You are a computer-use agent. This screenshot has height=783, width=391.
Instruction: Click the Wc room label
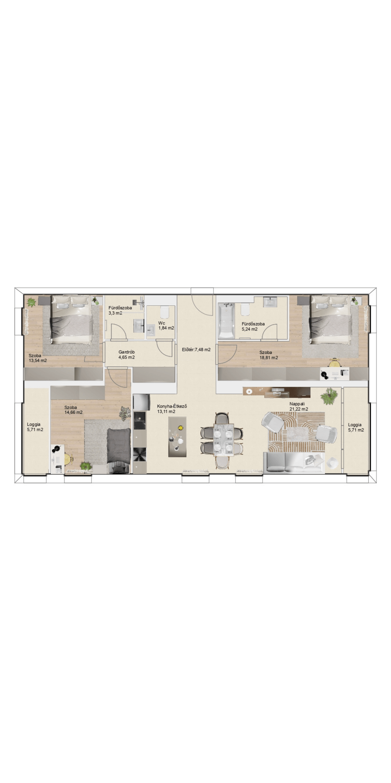(161, 323)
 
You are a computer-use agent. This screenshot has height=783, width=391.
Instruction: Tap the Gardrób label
(127, 352)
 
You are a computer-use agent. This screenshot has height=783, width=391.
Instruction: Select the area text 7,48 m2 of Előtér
(203, 350)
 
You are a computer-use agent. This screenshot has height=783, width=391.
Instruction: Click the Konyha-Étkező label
(172, 406)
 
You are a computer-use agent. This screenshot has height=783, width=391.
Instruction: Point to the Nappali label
(297, 404)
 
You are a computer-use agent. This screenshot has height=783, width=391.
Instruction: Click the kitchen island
(177, 437)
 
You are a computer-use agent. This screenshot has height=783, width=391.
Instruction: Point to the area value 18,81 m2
(269, 357)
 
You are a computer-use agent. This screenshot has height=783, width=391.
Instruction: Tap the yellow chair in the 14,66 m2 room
(68, 458)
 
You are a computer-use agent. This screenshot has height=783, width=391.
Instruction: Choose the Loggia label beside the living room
(355, 424)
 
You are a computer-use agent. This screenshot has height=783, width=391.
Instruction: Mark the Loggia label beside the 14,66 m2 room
(34, 424)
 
